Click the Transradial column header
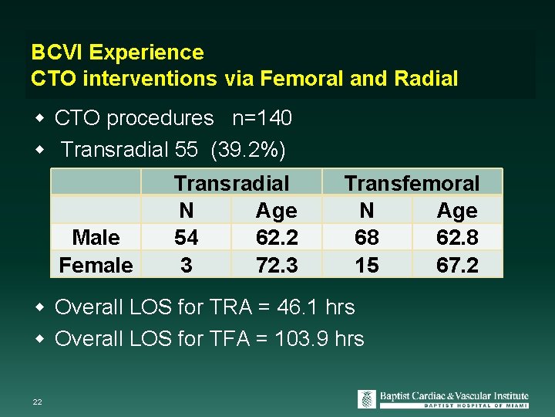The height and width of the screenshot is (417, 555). (231, 183)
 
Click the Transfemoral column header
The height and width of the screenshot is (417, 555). (412, 183)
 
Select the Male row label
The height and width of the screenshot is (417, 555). (96, 238)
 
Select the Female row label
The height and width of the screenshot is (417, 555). (96, 265)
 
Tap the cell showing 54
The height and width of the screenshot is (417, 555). (186, 238)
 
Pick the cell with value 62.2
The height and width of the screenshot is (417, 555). (276, 238)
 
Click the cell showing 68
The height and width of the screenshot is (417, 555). (367, 238)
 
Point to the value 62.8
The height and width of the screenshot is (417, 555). (457, 238)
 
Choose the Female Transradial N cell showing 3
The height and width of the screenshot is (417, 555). (186, 265)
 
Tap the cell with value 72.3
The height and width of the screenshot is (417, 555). (276, 265)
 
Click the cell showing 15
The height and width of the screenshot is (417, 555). (367, 265)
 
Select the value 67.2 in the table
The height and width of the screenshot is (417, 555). (457, 265)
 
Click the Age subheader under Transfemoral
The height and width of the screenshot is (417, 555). (457, 211)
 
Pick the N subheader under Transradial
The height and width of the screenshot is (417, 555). (186, 211)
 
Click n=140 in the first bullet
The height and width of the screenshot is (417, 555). (262, 118)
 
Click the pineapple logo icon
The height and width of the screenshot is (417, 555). (367, 399)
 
